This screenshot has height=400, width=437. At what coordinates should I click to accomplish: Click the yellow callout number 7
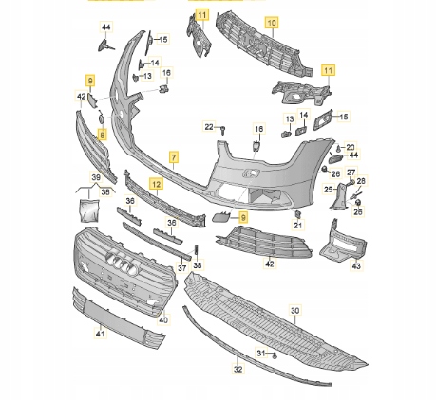(174, 156)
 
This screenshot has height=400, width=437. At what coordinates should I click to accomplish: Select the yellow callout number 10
(272, 23)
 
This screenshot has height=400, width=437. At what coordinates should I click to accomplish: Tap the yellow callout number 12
(157, 184)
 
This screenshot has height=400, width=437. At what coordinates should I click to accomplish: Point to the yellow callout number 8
(102, 135)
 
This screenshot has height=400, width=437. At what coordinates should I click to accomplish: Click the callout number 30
(294, 311)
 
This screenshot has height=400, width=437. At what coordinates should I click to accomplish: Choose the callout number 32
(238, 369)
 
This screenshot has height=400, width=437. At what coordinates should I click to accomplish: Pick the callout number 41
(100, 334)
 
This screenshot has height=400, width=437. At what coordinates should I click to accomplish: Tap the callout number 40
(163, 320)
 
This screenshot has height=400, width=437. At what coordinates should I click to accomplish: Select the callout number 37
(181, 268)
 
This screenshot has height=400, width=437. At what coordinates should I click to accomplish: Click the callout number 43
(356, 266)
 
